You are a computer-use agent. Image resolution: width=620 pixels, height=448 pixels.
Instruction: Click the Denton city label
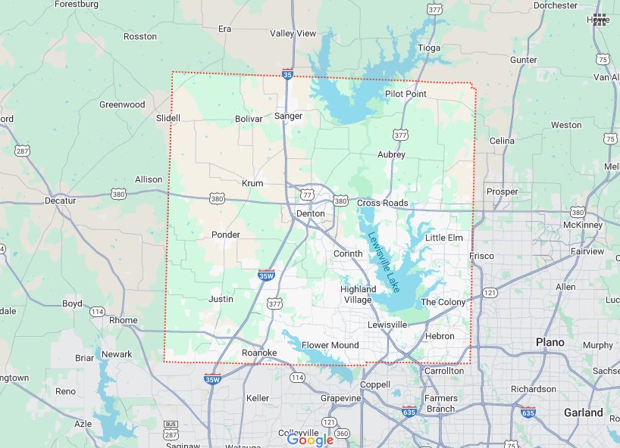[310, 213]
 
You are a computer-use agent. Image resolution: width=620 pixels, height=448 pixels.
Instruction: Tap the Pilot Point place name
[406, 94]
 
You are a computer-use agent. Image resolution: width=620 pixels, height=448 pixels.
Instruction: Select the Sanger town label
[288, 116]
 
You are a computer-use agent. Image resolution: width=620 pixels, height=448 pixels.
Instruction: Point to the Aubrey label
[391, 154]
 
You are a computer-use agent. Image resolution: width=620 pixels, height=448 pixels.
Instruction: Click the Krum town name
[252, 183]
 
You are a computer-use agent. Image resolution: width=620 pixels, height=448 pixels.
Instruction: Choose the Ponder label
[226, 235]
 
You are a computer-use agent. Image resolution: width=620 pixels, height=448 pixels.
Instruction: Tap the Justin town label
[221, 299]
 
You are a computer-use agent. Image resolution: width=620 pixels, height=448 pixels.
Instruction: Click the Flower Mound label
[330, 345]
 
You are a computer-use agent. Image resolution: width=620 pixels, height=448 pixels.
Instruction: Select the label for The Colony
[443, 302]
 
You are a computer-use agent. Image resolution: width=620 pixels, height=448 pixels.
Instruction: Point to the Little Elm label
[443, 238]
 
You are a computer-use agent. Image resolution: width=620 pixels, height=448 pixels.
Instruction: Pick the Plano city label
[550, 342]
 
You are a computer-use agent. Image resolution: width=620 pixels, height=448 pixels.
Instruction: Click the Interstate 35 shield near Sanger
[287, 74]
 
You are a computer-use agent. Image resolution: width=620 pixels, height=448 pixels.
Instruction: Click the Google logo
[310, 439]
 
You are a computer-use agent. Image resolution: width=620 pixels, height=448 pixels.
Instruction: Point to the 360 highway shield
[342, 433]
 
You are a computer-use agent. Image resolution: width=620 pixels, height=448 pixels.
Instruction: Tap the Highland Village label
[358, 294]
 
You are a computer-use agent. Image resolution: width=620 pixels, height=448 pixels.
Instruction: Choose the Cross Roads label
[382, 203]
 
